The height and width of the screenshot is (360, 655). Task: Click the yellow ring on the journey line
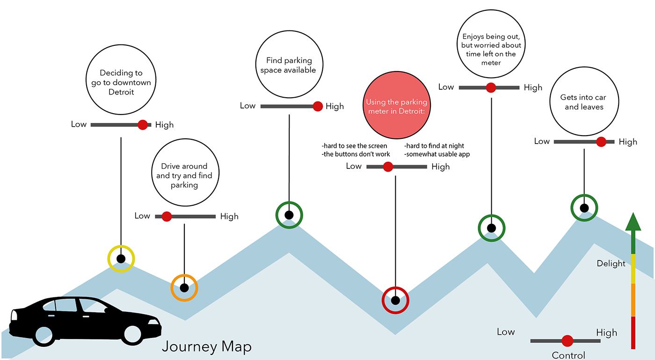click(x=121, y=259)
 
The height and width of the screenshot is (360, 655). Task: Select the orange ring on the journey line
click(x=184, y=288)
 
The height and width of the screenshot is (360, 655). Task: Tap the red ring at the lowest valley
click(x=395, y=300)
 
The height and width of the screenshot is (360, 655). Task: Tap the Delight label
click(x=611, y=264)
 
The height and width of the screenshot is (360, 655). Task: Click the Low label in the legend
click(x=506, y=332)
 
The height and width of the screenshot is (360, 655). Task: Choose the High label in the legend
click(x=606, y=333)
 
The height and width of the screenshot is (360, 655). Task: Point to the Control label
click(x=568, y=355)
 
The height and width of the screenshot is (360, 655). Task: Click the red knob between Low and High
click(x=568, y=341)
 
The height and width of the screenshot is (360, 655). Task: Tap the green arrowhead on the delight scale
click(x=633, y=222)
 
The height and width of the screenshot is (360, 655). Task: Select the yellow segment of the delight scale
click(x=633, y=269)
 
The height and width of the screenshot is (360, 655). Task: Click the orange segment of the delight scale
click(x=633, y=300)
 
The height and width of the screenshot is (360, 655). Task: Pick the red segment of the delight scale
click(x=633, y=332)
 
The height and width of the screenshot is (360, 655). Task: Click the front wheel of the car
click(x=132, y=334)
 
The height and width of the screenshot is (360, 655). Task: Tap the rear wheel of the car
click(x=44, y=335)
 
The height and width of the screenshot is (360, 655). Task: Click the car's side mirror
click(x=107, y=310)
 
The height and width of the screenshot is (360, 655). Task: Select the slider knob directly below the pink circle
click(x=388, y=167)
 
